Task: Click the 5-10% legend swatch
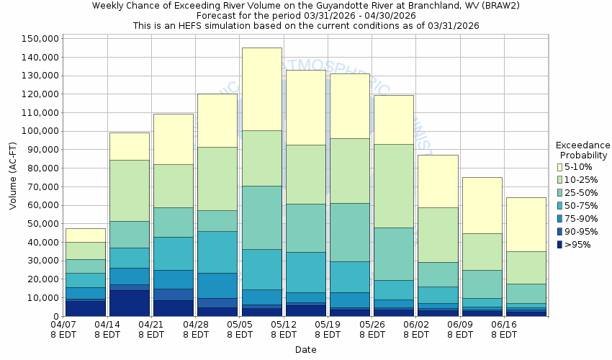[x=561, y=167]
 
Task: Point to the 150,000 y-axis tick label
[x=40, y=39]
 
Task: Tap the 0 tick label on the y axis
[x=55, y=317]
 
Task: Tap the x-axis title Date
[x=305, y=350]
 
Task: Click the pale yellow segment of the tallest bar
[x=262, y=89]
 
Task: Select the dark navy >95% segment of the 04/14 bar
[x=130, y=303]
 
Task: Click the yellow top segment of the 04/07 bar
[x=86, y=235]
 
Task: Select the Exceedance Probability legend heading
[x=583, y=150]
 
